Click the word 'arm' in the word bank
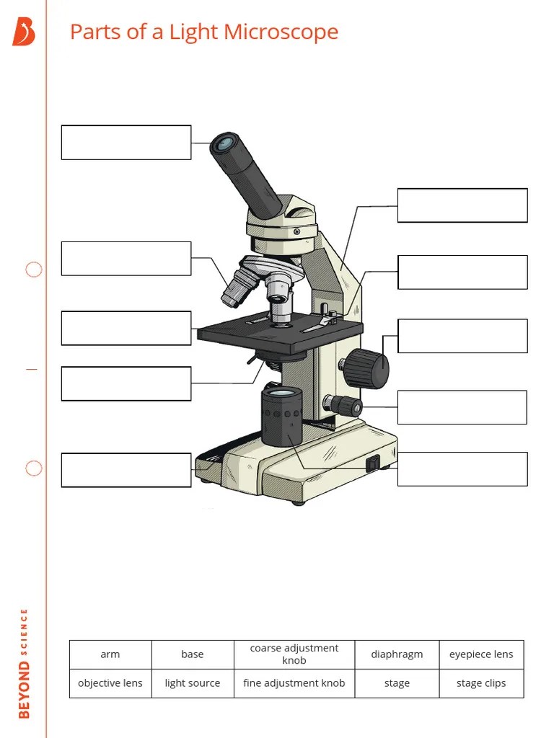(110, 654)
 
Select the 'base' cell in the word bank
(193, 654)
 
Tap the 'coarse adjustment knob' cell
(294, 654)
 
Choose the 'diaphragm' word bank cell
(397, 654)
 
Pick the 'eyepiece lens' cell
(481, 654)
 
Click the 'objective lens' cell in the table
(110, 683)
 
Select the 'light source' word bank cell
(193, 683)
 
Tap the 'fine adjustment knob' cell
(294, 683)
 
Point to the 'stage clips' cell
(481, 683)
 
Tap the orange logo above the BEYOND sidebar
(24, 32)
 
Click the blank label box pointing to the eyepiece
(126, 142)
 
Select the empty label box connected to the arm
(462, 205)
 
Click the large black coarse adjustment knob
(366, 368)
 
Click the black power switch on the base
(372, 463)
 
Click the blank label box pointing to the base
(126, 470)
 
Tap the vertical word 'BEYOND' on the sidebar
(25, 689)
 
